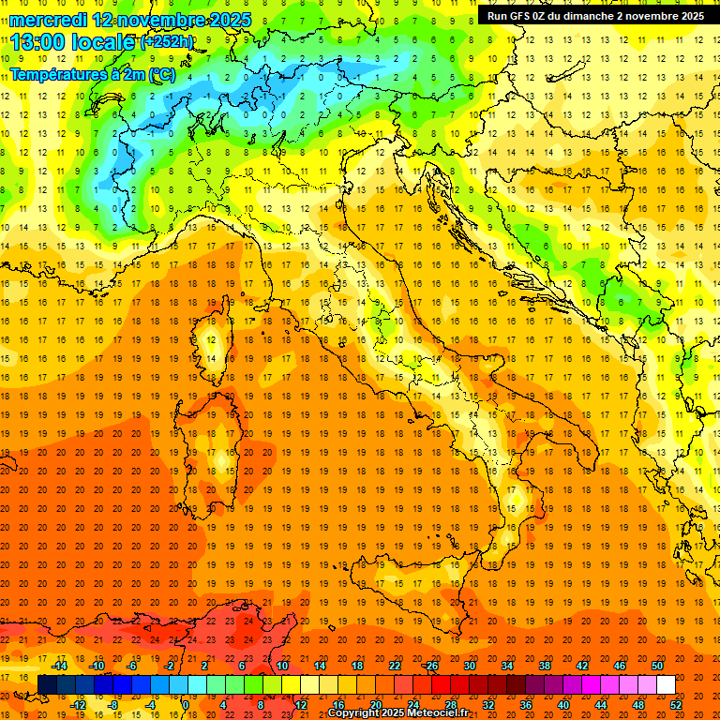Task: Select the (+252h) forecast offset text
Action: click(168, 42)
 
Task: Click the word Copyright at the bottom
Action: click(355, 713)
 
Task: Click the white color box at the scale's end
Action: click(666, 684)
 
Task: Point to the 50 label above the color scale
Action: click(656, 666)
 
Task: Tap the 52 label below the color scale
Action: click(676, 704)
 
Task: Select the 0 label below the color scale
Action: click(186, 704)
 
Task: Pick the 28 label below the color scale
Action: click(450, 704)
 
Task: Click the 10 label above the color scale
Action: click(281, 666)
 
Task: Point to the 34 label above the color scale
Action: click(506, 666)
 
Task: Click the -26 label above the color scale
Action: click(430, 666)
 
